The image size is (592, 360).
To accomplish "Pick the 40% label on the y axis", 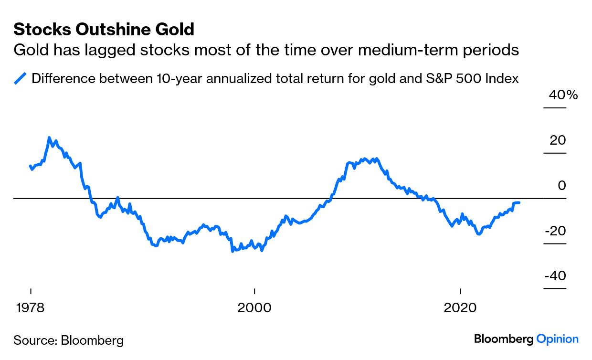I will (x=563, y=95).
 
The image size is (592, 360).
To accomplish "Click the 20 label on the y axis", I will (x=558, y=140).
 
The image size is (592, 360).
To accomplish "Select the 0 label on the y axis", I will (x=562, y=185).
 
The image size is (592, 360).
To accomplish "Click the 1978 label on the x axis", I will (x=31, y=307).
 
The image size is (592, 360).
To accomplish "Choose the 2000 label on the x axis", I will (x=254, y=307).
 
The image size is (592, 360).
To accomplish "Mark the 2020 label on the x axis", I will (x=460, y=307).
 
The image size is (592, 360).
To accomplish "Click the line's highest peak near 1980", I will (x=49, y=138).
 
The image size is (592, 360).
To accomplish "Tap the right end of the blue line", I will (x=519, y=203).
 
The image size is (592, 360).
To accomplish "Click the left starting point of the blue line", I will (x=31, y=166).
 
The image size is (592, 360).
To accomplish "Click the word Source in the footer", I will (x=33, y=340).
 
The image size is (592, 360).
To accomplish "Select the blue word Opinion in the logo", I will (x=557, y=339).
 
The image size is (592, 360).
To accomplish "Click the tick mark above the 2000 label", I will (x=254, y=291).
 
